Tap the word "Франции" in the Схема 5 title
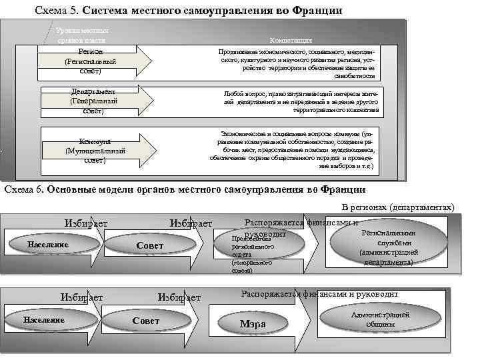coord(319,11)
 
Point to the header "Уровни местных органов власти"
coord(83,35)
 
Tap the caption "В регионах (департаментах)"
coord(398,207)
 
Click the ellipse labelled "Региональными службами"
coord(388,247)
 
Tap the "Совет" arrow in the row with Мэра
coord(147,321)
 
